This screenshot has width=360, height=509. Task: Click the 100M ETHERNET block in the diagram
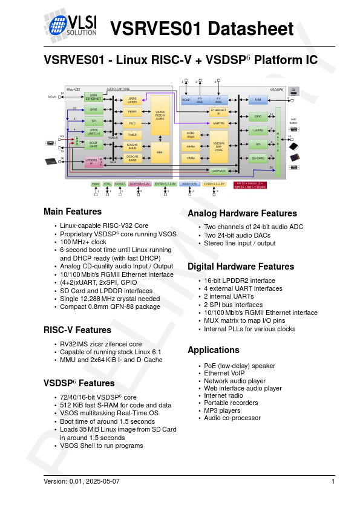point(93,97)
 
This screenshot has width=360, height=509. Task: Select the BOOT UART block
point(93,144)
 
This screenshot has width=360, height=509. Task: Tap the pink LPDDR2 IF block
point(91,161)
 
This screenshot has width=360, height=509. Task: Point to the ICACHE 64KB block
point(132,146)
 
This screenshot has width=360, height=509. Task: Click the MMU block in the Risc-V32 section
point(160,153)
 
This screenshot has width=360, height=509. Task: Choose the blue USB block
point(258,100)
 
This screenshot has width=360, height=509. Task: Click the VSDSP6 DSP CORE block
point(219,146)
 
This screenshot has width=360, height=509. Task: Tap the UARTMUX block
point(218,171)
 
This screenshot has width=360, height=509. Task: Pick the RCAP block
point(186,100)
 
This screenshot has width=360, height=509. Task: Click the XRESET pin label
point(120,184)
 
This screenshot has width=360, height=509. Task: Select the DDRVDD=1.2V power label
point(140,184)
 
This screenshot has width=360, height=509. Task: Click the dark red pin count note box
point(250,185)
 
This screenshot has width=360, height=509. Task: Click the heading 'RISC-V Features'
point(77,330)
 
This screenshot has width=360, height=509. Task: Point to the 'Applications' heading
point(214,350)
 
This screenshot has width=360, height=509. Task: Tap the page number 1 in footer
point(333,481)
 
